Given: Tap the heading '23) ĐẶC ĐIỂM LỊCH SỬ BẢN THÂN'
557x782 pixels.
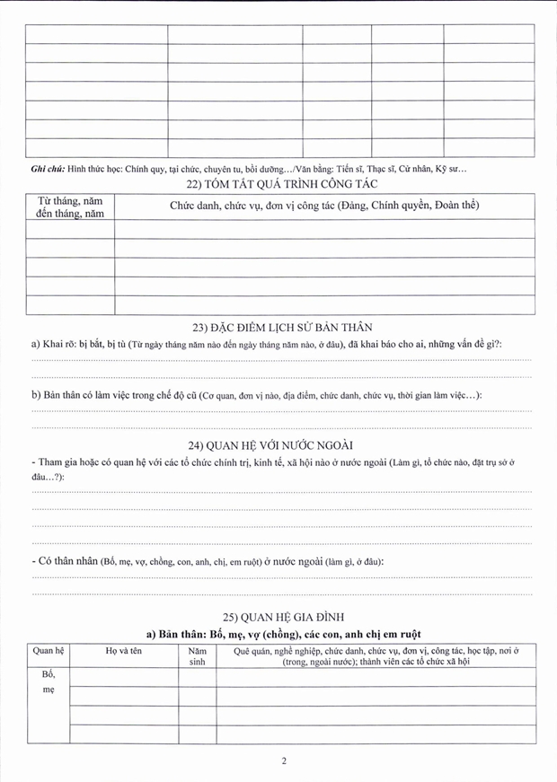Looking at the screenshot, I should (x=278, y=327).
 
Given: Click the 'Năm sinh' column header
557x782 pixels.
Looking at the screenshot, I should (x=197, y=656).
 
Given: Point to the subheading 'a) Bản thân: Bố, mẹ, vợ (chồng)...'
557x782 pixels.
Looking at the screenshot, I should (x=279, y=633).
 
